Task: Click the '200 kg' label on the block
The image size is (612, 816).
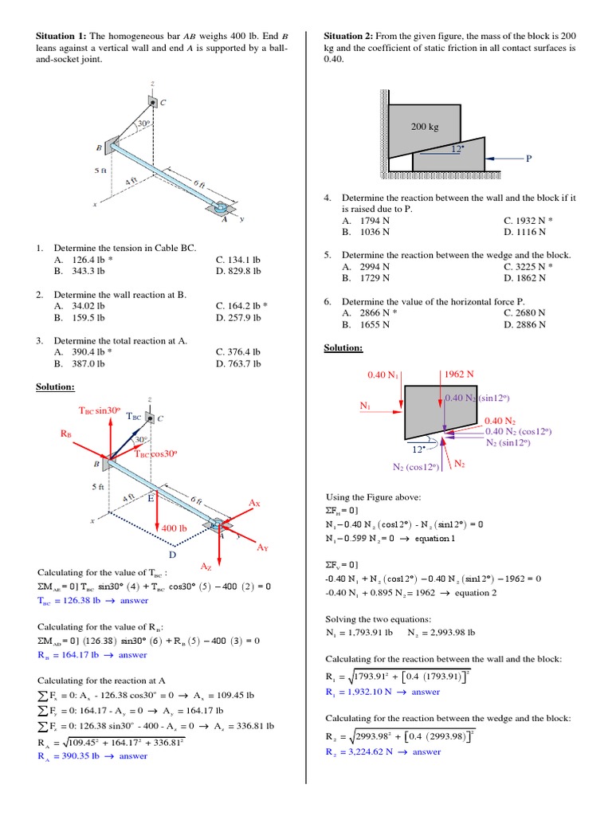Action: (425, 127)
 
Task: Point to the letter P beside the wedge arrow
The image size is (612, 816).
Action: (528, 159)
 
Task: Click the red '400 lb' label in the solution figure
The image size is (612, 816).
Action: (174, 528)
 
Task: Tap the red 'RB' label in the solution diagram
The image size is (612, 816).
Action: (66, 433)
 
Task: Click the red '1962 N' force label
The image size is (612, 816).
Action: (459, 374)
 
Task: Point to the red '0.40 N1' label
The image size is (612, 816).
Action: (382, 375)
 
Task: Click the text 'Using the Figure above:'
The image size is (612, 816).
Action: (374, 496)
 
